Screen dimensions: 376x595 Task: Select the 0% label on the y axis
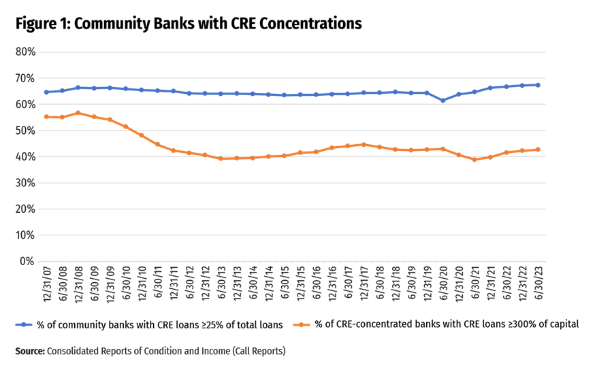28,261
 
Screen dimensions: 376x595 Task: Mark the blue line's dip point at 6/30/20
443,100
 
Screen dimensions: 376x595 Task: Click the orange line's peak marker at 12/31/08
78,113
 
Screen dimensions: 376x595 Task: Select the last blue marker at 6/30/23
538,85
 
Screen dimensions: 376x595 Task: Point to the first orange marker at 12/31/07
46,117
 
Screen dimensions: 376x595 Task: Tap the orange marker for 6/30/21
475,160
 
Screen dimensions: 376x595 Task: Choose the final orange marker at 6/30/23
538,150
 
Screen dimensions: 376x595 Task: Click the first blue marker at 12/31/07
46,92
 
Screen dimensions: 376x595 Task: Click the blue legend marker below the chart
23,325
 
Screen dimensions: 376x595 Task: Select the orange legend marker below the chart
301,325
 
